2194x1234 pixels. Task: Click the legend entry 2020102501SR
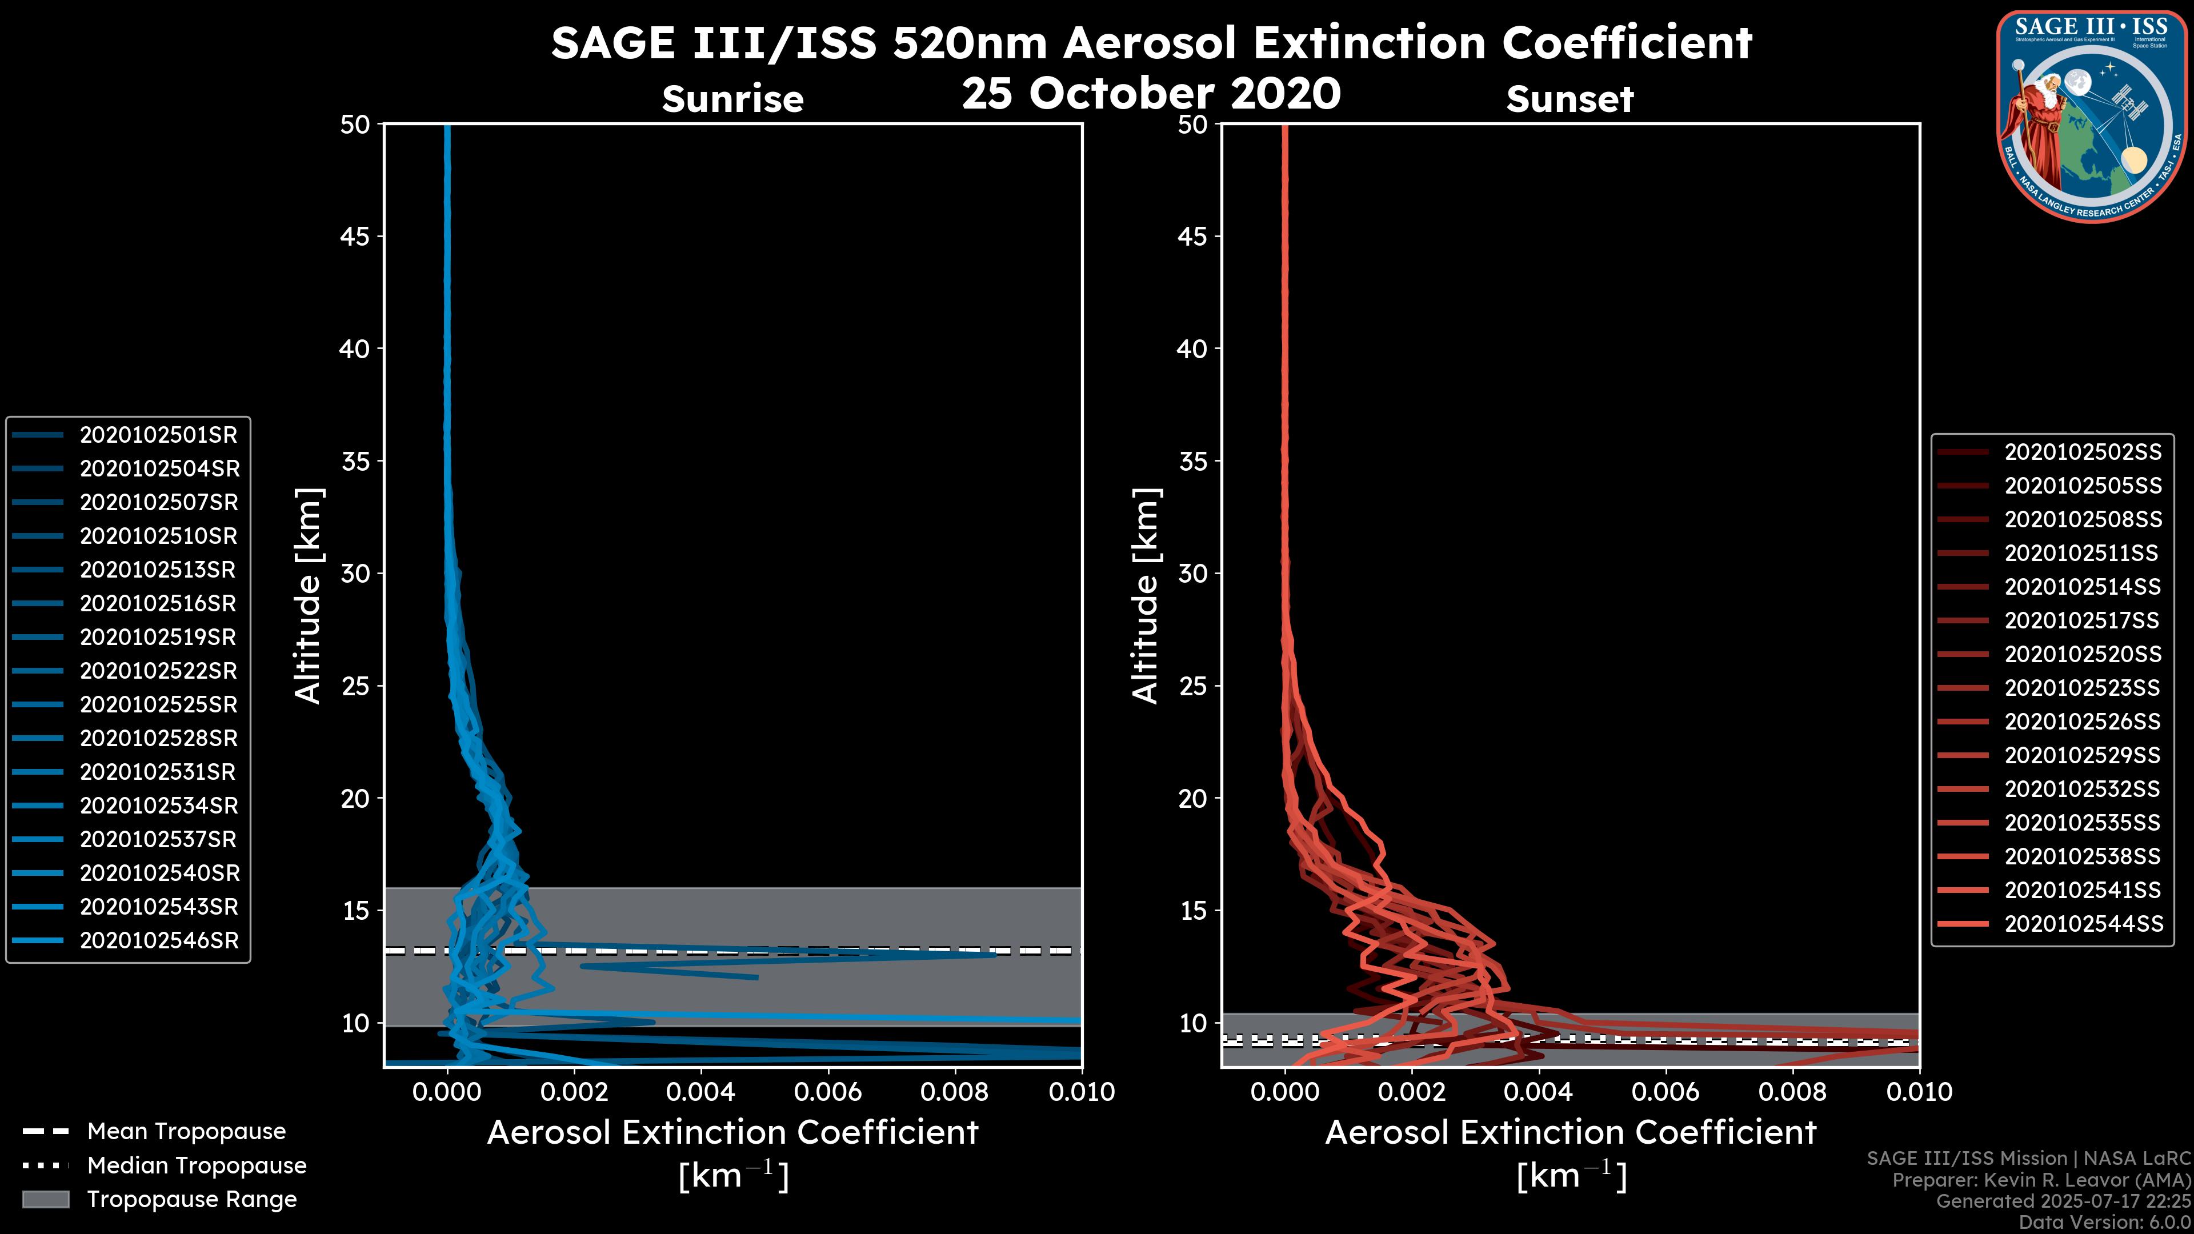[158, 435]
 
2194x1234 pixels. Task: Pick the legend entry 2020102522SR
[158, 671]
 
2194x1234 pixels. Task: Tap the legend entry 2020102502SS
[2083, 452]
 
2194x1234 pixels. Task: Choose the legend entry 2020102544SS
[2083, 924]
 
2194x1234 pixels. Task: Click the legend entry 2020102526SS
[2083, 722]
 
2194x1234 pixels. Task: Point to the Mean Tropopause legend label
[186, 1132]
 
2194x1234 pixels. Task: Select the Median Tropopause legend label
[197, 1166]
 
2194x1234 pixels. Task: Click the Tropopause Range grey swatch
[45, 1200]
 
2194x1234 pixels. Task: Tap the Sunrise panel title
[732, 99]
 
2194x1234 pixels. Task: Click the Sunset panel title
[1570, 99]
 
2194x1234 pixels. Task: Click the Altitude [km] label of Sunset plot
[1146, 596]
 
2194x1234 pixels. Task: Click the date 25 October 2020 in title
[1151, 94]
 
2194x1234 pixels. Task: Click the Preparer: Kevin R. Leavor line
[2041, 1180]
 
